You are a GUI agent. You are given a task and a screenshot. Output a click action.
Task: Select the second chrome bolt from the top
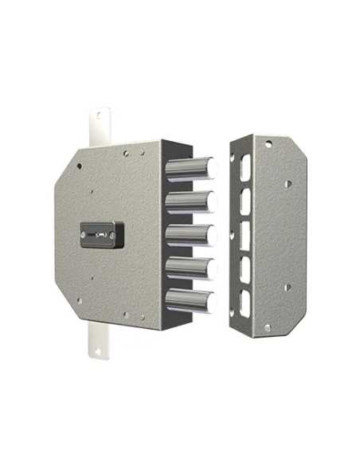[196, 202]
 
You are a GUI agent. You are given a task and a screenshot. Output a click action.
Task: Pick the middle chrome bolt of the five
[196, 236]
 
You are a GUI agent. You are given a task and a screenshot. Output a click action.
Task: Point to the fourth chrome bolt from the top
[196, 268]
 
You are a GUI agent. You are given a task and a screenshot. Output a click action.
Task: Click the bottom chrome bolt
[196, 300]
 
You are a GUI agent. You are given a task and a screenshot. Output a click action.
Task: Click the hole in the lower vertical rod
[97, 354]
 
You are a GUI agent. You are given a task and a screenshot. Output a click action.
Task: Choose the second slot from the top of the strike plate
[245, 202]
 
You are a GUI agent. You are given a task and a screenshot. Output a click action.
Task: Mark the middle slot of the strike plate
[245, 236]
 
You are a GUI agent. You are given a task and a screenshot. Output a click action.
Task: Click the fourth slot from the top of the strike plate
[245, 269]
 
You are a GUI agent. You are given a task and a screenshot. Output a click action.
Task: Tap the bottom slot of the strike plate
[245, 303]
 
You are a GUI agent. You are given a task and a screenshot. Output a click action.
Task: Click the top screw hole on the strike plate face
[268, 146]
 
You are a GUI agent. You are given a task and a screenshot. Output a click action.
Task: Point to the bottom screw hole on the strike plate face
[268, 327]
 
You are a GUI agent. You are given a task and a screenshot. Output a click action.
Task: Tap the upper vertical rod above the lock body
[96, 127]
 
